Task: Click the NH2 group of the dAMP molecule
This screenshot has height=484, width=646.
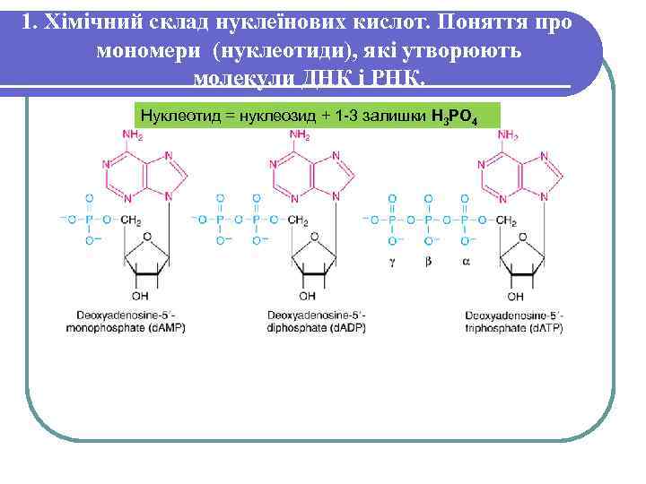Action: (132, 135)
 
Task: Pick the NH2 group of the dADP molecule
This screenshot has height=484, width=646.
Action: (300, 135)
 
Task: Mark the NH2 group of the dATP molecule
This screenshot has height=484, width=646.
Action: (508, 135)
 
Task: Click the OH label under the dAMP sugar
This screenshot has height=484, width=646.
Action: (140, 296)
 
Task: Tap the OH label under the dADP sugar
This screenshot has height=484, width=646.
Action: (308, 296)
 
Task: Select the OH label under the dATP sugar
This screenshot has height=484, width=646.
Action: (516, 296)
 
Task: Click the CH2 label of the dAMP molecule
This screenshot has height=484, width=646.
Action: (132, 220)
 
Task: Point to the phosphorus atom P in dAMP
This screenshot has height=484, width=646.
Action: (88, 220)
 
